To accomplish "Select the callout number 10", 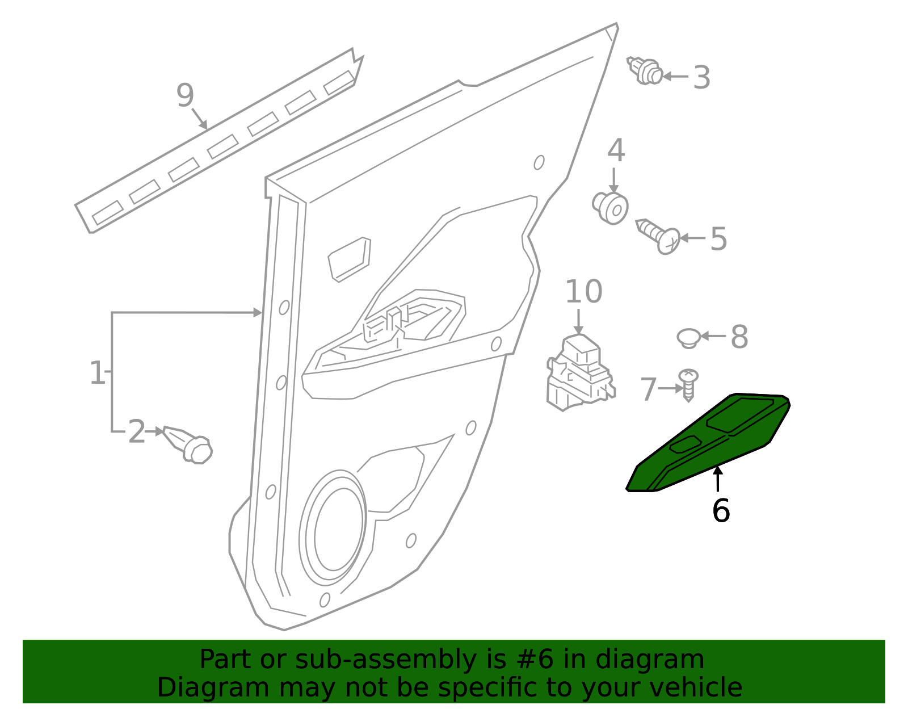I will tap(583, 292).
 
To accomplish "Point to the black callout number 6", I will tap(721, 510).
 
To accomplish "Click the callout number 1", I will tap(98, 373).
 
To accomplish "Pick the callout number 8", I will tap(739, 337).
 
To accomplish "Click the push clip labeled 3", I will tap(646, 71).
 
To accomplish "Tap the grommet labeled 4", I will tap(611, 207).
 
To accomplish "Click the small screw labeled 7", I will tap(688, 384).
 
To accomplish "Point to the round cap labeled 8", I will tap(688, 338).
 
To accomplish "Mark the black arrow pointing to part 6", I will tap(718, 479).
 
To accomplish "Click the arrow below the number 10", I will tap(578, 321).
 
